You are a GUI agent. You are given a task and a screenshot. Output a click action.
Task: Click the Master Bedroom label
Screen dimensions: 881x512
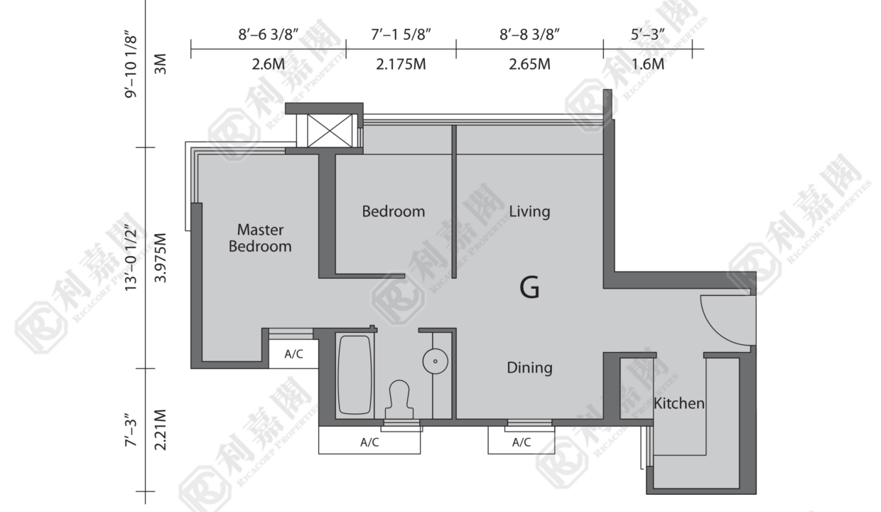pyautogui.click(x=260, y=238)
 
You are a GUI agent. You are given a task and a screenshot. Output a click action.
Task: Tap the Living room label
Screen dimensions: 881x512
pyautogui.click(x=529, y=212)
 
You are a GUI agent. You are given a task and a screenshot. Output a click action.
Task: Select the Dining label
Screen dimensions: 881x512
pyautogui.click(x=529, y=368)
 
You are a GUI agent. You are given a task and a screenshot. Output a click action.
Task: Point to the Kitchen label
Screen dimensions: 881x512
pyautogui.click(x=679, y=403)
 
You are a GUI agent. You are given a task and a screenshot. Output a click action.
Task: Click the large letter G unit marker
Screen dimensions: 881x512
pyautogui.click(x=529, y=288)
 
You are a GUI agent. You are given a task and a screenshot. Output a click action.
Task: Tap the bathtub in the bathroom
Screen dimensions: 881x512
pyautogui.click(x=355, y=375)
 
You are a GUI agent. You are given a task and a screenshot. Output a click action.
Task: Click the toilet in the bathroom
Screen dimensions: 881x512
pyautogui.click(x=399, y=399)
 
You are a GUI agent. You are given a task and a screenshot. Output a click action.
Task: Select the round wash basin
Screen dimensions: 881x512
pyautogui.click(x=435, y=361)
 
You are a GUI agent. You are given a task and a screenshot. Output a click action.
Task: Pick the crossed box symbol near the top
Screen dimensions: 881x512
pyautogui.click(x=330, y=131)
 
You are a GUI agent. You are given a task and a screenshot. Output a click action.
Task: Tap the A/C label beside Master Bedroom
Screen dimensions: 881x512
pyautogui.click(x=294, y=354)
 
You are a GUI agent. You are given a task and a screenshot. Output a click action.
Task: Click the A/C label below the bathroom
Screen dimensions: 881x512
pyautogui.click(x=369, y=442)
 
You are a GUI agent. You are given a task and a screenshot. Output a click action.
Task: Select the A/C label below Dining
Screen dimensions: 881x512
pyautogui.click(x=521, y=442)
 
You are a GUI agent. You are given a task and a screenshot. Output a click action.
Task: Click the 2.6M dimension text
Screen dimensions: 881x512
pyautogui.click(x=269, y=64)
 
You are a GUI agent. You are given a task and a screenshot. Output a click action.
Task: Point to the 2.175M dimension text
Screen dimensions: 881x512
pyautogui.click(x=401, y=64)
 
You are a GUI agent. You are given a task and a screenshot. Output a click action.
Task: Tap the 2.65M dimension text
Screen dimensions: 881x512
pyautogui.click(x=529, y=64)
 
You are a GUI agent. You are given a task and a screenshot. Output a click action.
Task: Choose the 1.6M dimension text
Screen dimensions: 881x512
pyautogui.click(x=648, y=64)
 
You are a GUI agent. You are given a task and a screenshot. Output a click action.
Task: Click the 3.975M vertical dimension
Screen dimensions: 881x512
pyautogui.click(x=161, y=257)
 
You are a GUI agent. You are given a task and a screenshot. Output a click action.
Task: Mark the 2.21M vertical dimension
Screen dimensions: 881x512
pyautogui.click(x=161, y=430)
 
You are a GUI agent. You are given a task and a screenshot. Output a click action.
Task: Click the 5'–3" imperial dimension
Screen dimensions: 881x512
pyautogui.click(x=648, y=35)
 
